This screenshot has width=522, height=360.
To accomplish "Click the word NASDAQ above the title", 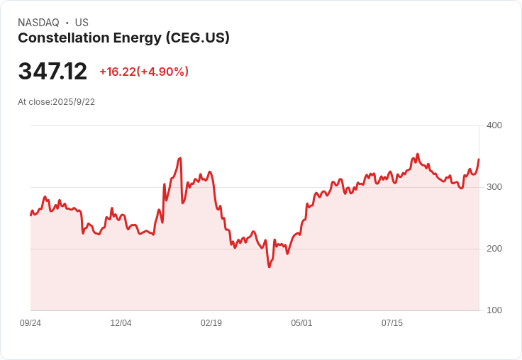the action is pos(38,23).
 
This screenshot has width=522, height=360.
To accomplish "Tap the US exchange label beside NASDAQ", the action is pos(82,23).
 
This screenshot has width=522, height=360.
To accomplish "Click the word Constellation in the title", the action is pos(64,38).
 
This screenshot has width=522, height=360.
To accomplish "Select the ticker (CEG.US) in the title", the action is pos(198,38).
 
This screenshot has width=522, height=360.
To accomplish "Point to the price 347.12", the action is pos(52,71).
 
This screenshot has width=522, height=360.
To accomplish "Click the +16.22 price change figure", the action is pos(118,72).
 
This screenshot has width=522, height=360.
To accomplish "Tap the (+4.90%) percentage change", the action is pos(162,72).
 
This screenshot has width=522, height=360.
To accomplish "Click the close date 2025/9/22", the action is pos(74,102).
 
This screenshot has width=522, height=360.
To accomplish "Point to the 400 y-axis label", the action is pos(494,125).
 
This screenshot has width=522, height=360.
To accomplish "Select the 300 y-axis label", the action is pos(494,187).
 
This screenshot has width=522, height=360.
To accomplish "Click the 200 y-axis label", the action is pos(494,249).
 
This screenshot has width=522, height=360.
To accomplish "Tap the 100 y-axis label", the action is pos(494,310).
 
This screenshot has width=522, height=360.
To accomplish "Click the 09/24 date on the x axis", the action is pos(30,323).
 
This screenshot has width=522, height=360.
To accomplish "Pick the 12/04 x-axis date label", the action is pos(121,323).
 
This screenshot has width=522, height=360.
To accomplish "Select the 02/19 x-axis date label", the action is pos(211,323).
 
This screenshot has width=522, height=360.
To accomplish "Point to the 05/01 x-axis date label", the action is pos(301,323).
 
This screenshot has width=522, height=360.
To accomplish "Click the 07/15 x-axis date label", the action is pos(391,323).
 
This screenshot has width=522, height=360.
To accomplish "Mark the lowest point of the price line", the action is pos(270,267).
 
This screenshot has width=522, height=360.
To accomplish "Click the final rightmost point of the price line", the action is pos(479,159).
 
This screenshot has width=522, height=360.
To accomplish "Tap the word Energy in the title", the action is pos(138,38).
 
